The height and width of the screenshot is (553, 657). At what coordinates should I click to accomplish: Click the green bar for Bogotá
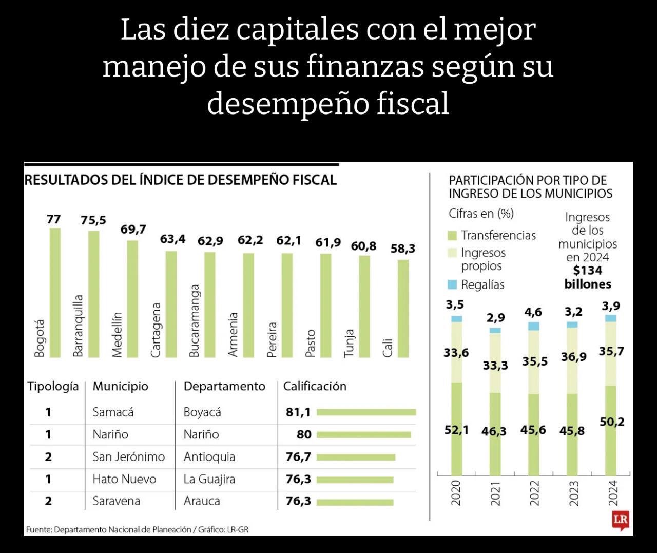(55, 293)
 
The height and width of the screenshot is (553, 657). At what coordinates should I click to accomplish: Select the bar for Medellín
(132, 299)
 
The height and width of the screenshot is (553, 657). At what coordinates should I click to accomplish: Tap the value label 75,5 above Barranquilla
(93, 220)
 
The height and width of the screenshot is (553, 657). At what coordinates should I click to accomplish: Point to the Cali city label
(388, 348)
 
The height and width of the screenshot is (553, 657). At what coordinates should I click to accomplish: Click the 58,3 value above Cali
(403, 249)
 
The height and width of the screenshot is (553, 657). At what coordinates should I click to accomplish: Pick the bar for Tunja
(364, 306)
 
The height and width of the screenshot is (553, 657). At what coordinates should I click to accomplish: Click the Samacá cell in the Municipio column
(113, 412)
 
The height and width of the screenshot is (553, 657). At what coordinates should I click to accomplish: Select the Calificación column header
(315, 386)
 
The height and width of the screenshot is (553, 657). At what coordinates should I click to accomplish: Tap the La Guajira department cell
(209, 479)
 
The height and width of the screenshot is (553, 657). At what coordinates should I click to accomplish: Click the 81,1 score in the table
(298, 412)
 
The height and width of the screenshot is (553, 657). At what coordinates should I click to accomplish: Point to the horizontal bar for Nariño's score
(363, 435)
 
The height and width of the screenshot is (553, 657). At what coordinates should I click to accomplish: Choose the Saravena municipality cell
(116, 501)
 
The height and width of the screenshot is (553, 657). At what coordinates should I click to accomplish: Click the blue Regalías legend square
(452, 284)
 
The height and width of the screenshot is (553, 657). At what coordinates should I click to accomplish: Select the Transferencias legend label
(498, 235)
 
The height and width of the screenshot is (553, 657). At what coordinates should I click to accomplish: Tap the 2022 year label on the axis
(534, 493)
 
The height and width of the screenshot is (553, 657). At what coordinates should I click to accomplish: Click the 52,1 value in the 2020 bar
(456, 430)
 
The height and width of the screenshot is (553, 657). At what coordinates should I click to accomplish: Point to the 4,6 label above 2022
(533, 312)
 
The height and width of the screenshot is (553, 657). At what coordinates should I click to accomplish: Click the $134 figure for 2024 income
(588, 271)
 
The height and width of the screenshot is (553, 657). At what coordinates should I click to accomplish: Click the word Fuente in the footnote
(38, 529)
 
